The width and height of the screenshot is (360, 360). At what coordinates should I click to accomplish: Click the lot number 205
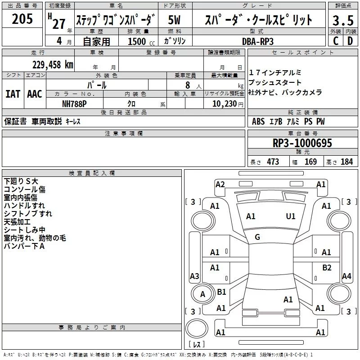coord(22,20)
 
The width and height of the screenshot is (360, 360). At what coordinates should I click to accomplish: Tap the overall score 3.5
coord(342,21)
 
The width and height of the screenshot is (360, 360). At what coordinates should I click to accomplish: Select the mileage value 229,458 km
coord(53,64)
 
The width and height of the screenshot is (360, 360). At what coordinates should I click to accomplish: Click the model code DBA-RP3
coord(257,41)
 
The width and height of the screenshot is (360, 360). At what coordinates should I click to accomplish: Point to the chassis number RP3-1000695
coord(302,144)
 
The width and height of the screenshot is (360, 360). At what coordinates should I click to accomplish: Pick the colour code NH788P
coord(74,104)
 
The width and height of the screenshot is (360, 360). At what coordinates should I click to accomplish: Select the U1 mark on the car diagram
coord(291,216)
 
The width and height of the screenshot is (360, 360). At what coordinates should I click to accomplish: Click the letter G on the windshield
coord(257,237)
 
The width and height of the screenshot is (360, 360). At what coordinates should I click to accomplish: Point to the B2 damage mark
coord(327,268)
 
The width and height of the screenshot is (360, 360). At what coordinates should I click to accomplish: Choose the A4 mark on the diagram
coord(346,276)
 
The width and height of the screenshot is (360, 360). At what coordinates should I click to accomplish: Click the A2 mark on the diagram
coord(220,184)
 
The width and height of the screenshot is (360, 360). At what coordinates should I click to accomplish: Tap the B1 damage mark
coord(221,292)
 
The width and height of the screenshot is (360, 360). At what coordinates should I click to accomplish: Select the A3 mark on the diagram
coord(194,276)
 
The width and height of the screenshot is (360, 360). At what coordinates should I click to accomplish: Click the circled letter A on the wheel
coord(202,294)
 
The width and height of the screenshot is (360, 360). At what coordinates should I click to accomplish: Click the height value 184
coord(346,162)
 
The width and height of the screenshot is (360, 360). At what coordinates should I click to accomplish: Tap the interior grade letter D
coord(350,41)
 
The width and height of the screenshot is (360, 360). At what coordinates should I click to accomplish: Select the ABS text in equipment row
coord(258,122)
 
